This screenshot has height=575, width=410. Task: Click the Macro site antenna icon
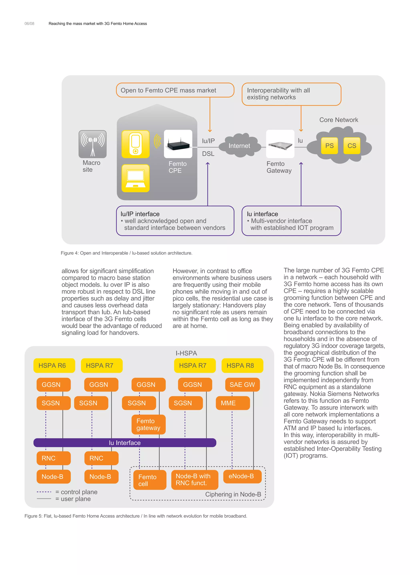click(x=92, y=144)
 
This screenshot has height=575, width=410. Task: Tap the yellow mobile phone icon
click(x=136, y=144)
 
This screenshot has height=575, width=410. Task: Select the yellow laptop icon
click(x=136, y=178)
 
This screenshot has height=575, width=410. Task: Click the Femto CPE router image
click(x=178, y=144)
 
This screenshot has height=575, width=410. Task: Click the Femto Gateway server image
click(x=280, y=144)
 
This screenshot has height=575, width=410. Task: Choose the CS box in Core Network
click(x=352, y=146)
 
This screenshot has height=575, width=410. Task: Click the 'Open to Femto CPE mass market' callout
click(x=175, y=90)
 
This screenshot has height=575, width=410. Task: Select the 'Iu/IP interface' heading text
click(x=140, y=214)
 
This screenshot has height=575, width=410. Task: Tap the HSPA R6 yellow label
click(x=54, y=365)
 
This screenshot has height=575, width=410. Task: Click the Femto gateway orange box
click(x=149, y=424)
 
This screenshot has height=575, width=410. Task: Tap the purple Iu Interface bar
click(x=125, y=443)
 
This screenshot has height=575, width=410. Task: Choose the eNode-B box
click(x=242, y=476)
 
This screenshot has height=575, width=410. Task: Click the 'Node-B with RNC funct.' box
click(x=195, y=479)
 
